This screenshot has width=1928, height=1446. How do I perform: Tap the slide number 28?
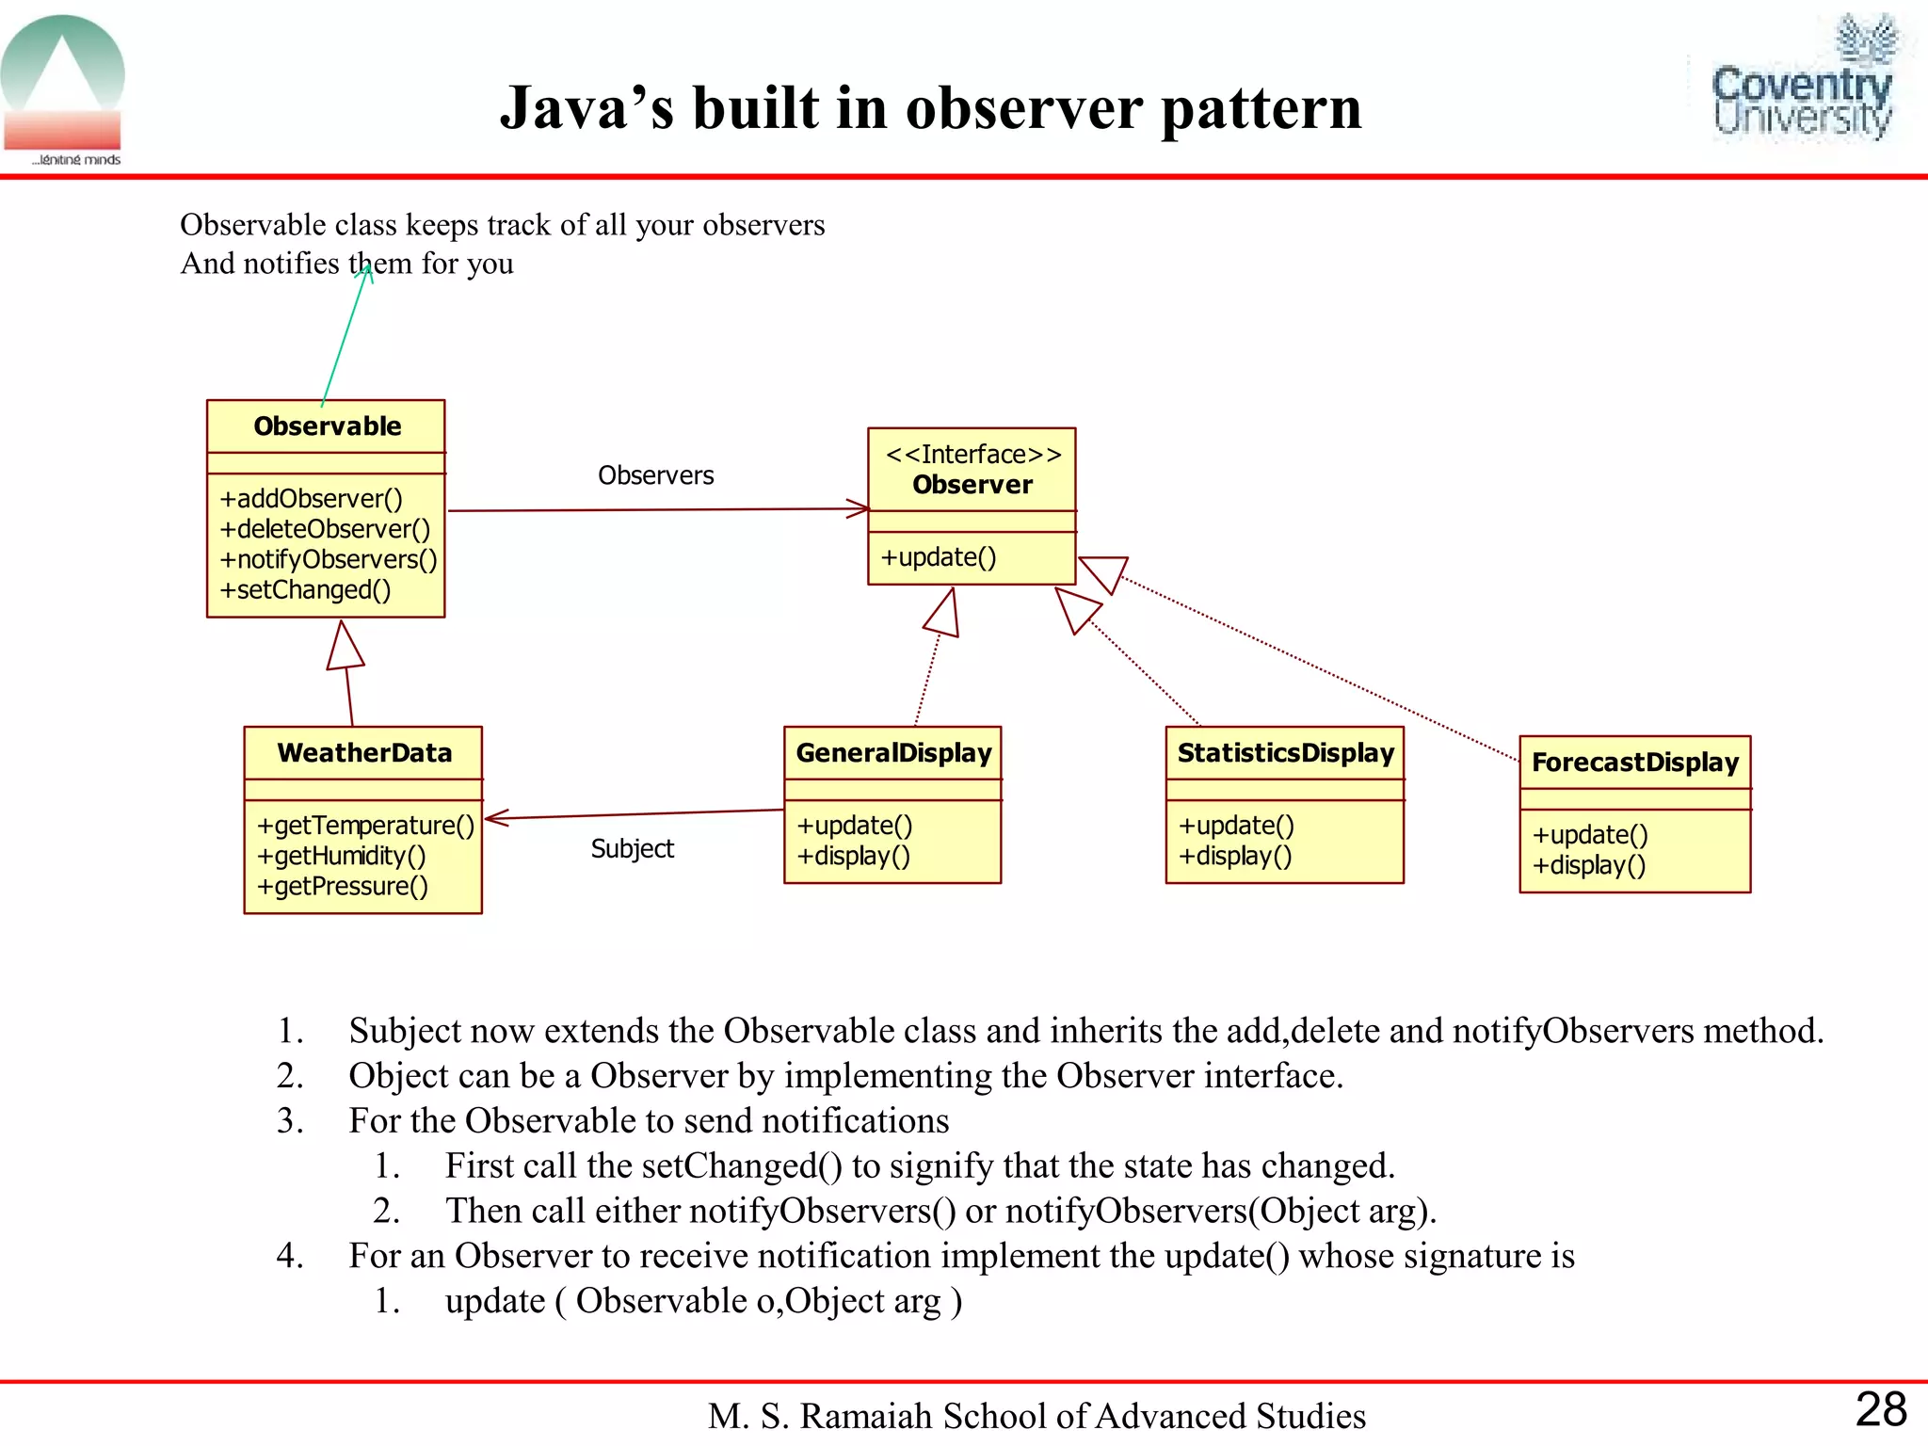tap(1880, 1409)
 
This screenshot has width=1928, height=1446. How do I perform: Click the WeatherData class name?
tap(364, 753)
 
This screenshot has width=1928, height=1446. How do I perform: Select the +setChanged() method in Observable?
tap(305, 590)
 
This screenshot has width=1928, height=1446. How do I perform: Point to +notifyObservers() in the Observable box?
tap(328, 559)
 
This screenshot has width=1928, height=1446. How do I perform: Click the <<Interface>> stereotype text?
tap(973, 455)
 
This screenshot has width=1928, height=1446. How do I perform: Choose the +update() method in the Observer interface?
tap(938, 557)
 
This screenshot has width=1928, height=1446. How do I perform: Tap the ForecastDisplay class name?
tap(1634, 763)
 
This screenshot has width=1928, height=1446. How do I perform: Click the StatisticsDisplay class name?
tap(1285, 753)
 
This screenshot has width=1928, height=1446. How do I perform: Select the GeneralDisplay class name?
tap(893, 753)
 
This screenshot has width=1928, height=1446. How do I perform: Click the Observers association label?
tap(655, 475)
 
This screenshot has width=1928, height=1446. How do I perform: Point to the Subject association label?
tap(632, 849)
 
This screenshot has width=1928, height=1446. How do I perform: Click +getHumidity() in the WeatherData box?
tap(341, 856)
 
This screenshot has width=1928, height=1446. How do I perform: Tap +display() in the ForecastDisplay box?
tap(1588, 865)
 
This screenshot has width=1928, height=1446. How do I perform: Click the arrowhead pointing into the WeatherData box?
tap(494, 817)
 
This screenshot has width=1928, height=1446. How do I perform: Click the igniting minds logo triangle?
tap(62, 75)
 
